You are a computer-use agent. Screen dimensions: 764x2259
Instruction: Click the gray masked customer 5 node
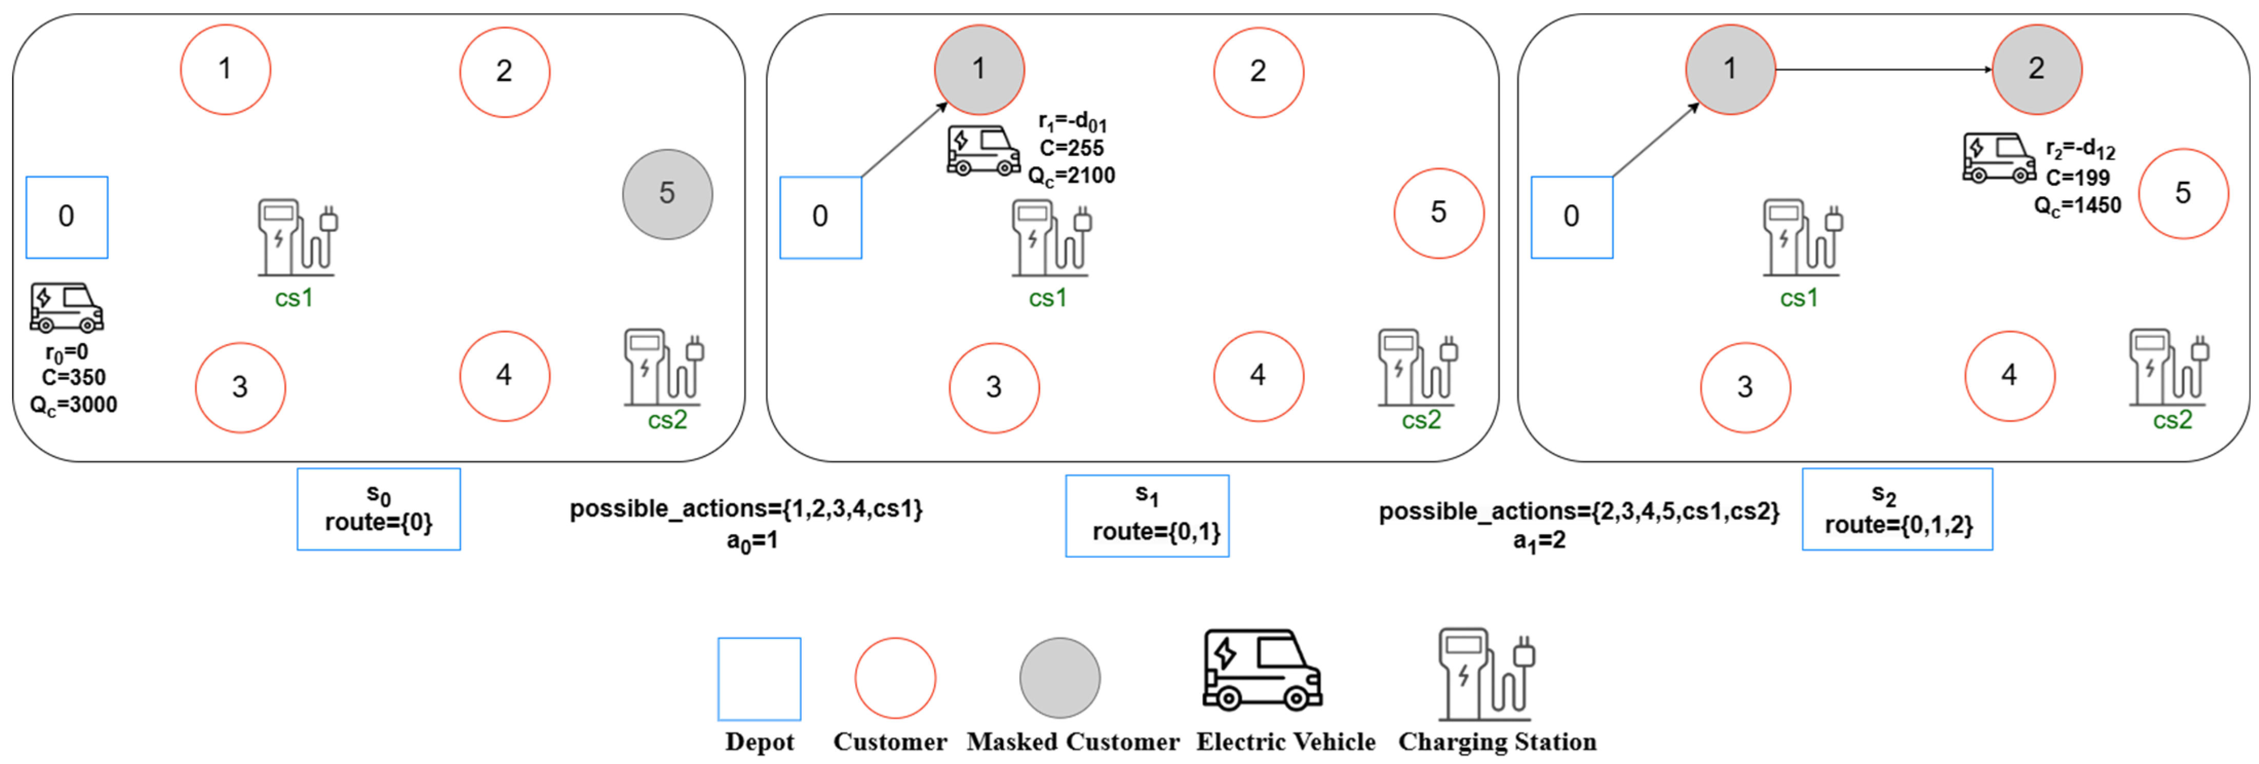point(667,194)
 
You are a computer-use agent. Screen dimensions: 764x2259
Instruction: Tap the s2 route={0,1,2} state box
point(1897,509)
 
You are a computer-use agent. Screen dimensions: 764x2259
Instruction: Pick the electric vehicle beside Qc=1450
point(1999,158)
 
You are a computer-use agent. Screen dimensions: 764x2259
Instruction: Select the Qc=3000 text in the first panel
point(74,405)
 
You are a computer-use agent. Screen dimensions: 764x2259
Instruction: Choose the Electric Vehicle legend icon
point(1262,669)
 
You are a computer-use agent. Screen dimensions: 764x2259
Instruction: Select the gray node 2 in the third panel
point(2036,69)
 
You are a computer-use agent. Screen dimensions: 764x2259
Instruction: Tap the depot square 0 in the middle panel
point(820,217)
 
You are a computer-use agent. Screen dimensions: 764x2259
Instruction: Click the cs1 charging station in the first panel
point(296,239)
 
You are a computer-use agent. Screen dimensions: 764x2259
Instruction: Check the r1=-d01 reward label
point(1072,122)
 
